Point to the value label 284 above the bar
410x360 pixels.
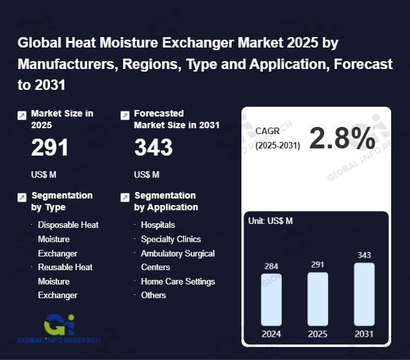(x=271, y=266)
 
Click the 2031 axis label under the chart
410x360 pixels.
(x=364, y=334)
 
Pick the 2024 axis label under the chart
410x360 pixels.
(x=271, y=334)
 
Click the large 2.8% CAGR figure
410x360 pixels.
(x=342, y=139)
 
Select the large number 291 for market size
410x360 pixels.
(x=49, y=148)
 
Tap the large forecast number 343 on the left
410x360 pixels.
(x=153, y=148)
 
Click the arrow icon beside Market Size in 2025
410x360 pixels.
(x=21, y=115)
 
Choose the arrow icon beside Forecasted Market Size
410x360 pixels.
(x=125, y=115)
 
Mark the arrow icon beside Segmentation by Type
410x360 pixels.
(x=21, y=197)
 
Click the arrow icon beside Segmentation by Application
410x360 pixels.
(x=125, y=197)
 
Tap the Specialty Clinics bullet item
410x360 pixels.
(x=171, y=239)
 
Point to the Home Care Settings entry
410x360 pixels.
(x=178, y=281)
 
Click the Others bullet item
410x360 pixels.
(x=154, y=295)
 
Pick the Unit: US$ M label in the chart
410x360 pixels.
(x=271, y=221)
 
